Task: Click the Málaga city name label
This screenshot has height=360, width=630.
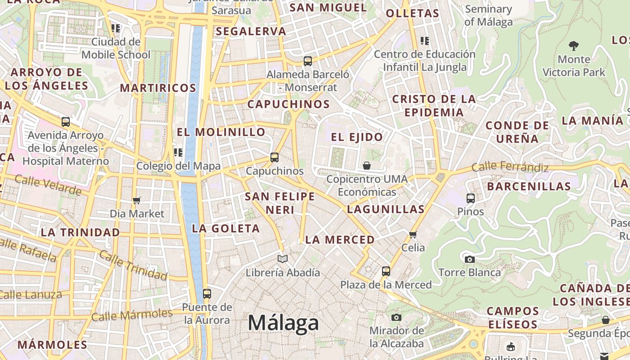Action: click(x=283, y=323)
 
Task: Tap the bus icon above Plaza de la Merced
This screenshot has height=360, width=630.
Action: click(x=386, y=271)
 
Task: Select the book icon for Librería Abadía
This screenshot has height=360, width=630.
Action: click(x=283, y=259)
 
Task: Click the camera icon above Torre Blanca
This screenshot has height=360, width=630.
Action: click(x=469, y=259)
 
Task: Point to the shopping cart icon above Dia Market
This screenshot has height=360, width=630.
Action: click(x=137, y=200)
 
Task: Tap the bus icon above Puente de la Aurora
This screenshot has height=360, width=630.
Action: click(x=207, y=294)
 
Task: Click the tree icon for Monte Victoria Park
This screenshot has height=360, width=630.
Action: click(x=573, y=45)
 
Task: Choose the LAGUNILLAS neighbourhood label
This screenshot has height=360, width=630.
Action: click(x=386, y=209)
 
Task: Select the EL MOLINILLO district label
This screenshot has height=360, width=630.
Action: click(x=221, y=132)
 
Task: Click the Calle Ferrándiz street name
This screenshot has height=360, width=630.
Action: click(x=510, y=167)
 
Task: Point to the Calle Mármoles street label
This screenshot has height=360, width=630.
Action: click(x=132, y=315)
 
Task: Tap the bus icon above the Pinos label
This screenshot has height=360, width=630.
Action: click(x=470, y=198)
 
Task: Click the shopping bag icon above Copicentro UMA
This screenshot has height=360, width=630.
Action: click(x=367, y=166)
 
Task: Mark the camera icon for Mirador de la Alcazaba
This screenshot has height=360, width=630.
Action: click(x=396, y=317)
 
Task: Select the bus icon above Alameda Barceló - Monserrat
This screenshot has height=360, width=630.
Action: click(x=308, y=61)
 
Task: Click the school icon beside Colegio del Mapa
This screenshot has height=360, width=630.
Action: click(x=178, y=153)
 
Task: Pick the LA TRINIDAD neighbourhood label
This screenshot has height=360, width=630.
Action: click(x=80, y=232)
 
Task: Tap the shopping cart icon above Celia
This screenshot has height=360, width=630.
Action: click(x=413, y=234)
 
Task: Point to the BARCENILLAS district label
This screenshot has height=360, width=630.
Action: click(x=528, y=186)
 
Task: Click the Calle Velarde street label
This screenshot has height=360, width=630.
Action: click(x=48, y=185)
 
